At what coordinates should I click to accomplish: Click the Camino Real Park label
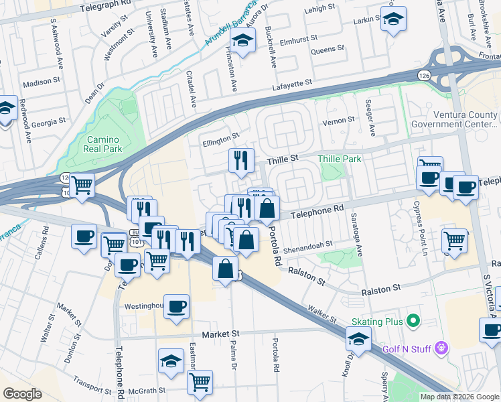(x=104, y=143)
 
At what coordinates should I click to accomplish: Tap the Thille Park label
(x=340, y=159)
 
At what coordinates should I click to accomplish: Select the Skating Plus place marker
(x=413, y=322)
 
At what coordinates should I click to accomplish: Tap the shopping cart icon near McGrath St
(x=200, y=382)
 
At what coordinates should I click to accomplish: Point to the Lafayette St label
(x=292, y=84)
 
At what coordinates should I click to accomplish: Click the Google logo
(x=23, y=394)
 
